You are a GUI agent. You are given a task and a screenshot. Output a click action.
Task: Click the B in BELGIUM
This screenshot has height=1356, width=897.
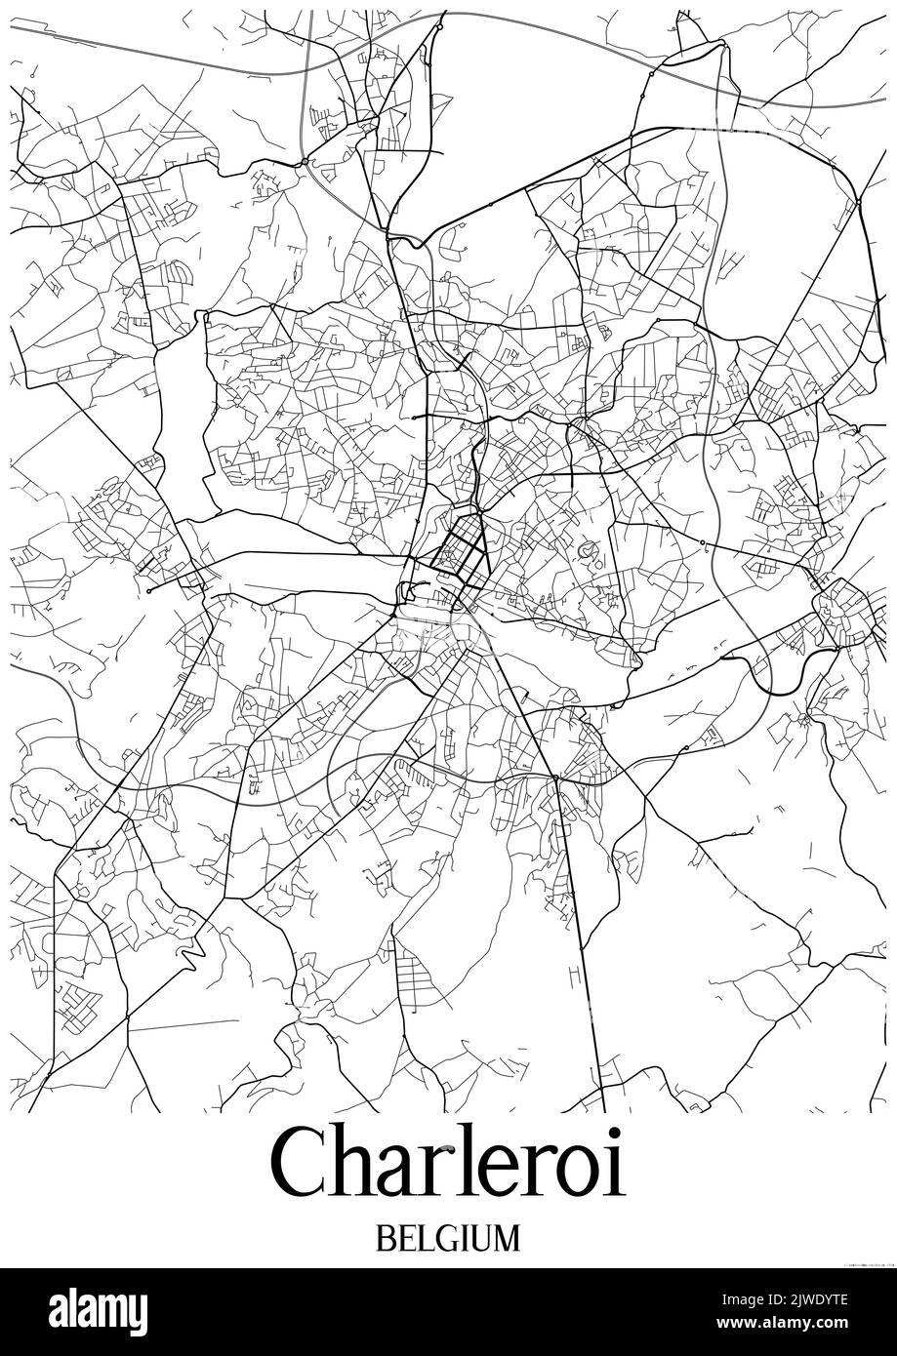click(x=385, y=1238)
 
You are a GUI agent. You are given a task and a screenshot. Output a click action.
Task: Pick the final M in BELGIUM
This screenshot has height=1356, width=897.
click(x=508, y=1238)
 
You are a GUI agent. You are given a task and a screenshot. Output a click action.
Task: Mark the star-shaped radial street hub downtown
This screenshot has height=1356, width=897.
click(x=457, y=548)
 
